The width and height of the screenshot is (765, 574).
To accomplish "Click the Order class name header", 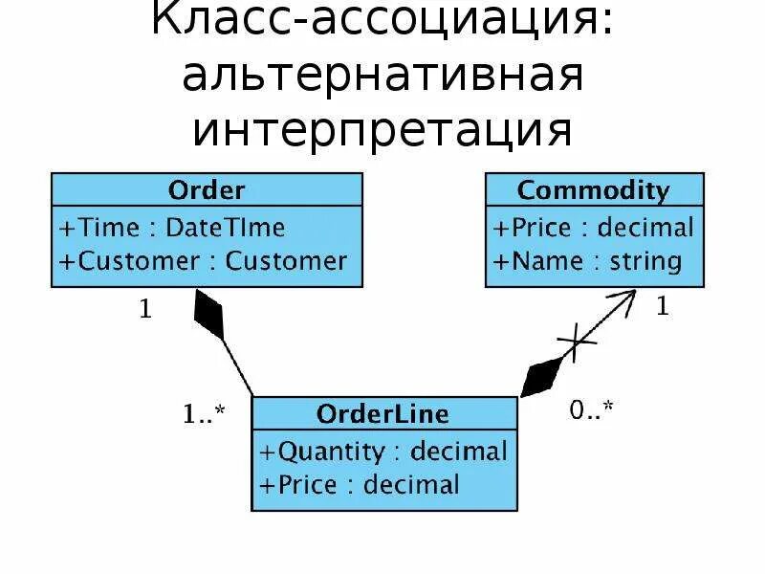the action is tap(207, 189).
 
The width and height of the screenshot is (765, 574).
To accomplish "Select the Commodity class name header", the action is tap(594, 189).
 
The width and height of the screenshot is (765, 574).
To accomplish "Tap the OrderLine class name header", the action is tap(382, 414).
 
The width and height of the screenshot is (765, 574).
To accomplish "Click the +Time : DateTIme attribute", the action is tap(173, 228).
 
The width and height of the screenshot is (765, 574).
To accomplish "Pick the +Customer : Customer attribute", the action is tap(204, 260).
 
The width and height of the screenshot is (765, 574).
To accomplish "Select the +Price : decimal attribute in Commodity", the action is tap(594, 228).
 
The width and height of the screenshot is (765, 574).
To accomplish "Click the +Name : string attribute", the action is tap(587, 260).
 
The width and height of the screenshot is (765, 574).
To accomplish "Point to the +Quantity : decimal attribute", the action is tap(382, 451).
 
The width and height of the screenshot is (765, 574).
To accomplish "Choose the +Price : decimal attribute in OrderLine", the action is tap(359, 484).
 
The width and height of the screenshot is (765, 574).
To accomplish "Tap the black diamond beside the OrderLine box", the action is tap(541, 376).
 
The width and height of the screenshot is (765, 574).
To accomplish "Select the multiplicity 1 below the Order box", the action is tap(145, 312).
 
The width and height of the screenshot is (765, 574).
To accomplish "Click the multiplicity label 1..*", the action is tap(204, 414).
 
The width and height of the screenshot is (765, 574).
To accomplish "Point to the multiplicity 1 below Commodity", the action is tap(662, 307).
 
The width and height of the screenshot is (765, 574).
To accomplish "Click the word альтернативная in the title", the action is tap(382, 76).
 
